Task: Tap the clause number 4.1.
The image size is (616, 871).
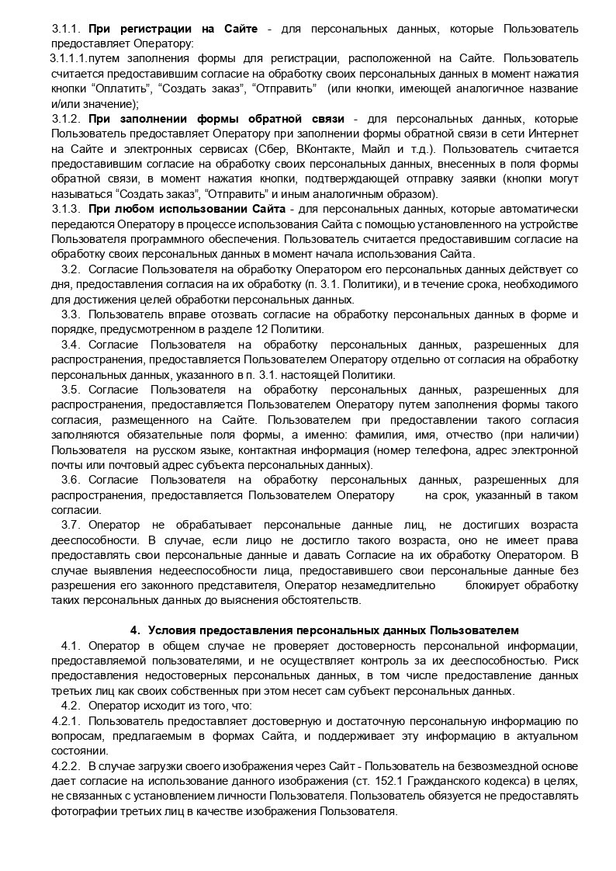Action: [x=71, y=645]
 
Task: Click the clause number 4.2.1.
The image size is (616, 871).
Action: [x=66, y=720]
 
